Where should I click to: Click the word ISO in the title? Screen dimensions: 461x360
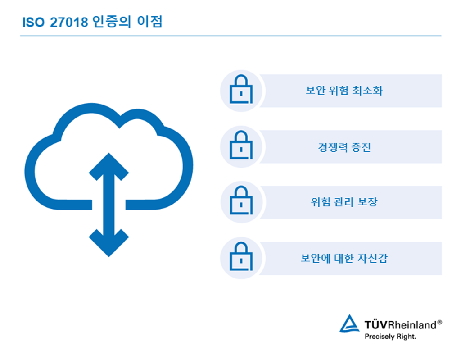click(33, 23)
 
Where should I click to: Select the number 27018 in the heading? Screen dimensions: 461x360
click(69, 23)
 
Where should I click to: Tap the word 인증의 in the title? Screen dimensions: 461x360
click(112, 22)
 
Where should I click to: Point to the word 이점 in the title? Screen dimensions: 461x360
click(149, 22)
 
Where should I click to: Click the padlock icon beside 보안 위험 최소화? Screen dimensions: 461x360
click(241, 89)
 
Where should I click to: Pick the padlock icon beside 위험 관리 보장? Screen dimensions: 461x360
click(241, 200)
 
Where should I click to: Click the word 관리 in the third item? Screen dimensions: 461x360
click(344, 202)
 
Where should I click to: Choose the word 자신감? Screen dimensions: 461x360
click(373, 258)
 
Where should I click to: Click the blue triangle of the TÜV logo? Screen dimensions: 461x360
click(349, 324)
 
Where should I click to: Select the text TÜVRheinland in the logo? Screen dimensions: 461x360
click(400, 325)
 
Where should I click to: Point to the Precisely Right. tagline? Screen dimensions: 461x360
click(390, 337)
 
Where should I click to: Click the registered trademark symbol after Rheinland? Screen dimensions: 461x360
click(439, 322)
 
